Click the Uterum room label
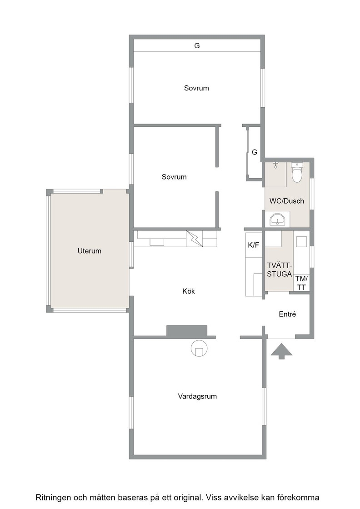[89, 251]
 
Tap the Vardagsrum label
[197, 396]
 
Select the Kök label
[189, 291]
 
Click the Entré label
[287, 314]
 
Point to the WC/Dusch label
[287, 201]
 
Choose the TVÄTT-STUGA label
[280, 270]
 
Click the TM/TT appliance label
[301, 283]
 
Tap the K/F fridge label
[254, 245]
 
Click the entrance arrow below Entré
[281, 351]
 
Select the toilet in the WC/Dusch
[297, 172]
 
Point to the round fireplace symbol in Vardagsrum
[199, 349]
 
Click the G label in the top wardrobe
[197, 46]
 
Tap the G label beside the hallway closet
[255, 152]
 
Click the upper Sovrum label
[196, 88]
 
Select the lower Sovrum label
[174, 177]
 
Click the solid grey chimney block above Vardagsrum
[187, 331]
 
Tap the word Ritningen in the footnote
[54, 498]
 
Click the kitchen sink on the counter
[157, 241]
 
